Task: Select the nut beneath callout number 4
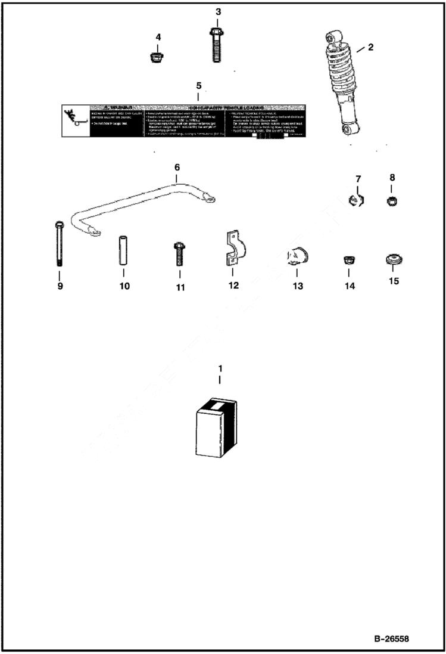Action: coord(157,58)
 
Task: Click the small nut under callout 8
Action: coord(392,201)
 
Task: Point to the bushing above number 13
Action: coord(296,257)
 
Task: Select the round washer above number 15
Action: coord(393,260)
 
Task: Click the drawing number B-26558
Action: coord(391,638)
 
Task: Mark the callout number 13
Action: coord(297,286)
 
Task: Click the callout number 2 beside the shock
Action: coord(370,47)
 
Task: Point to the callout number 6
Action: coord(177,168)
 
